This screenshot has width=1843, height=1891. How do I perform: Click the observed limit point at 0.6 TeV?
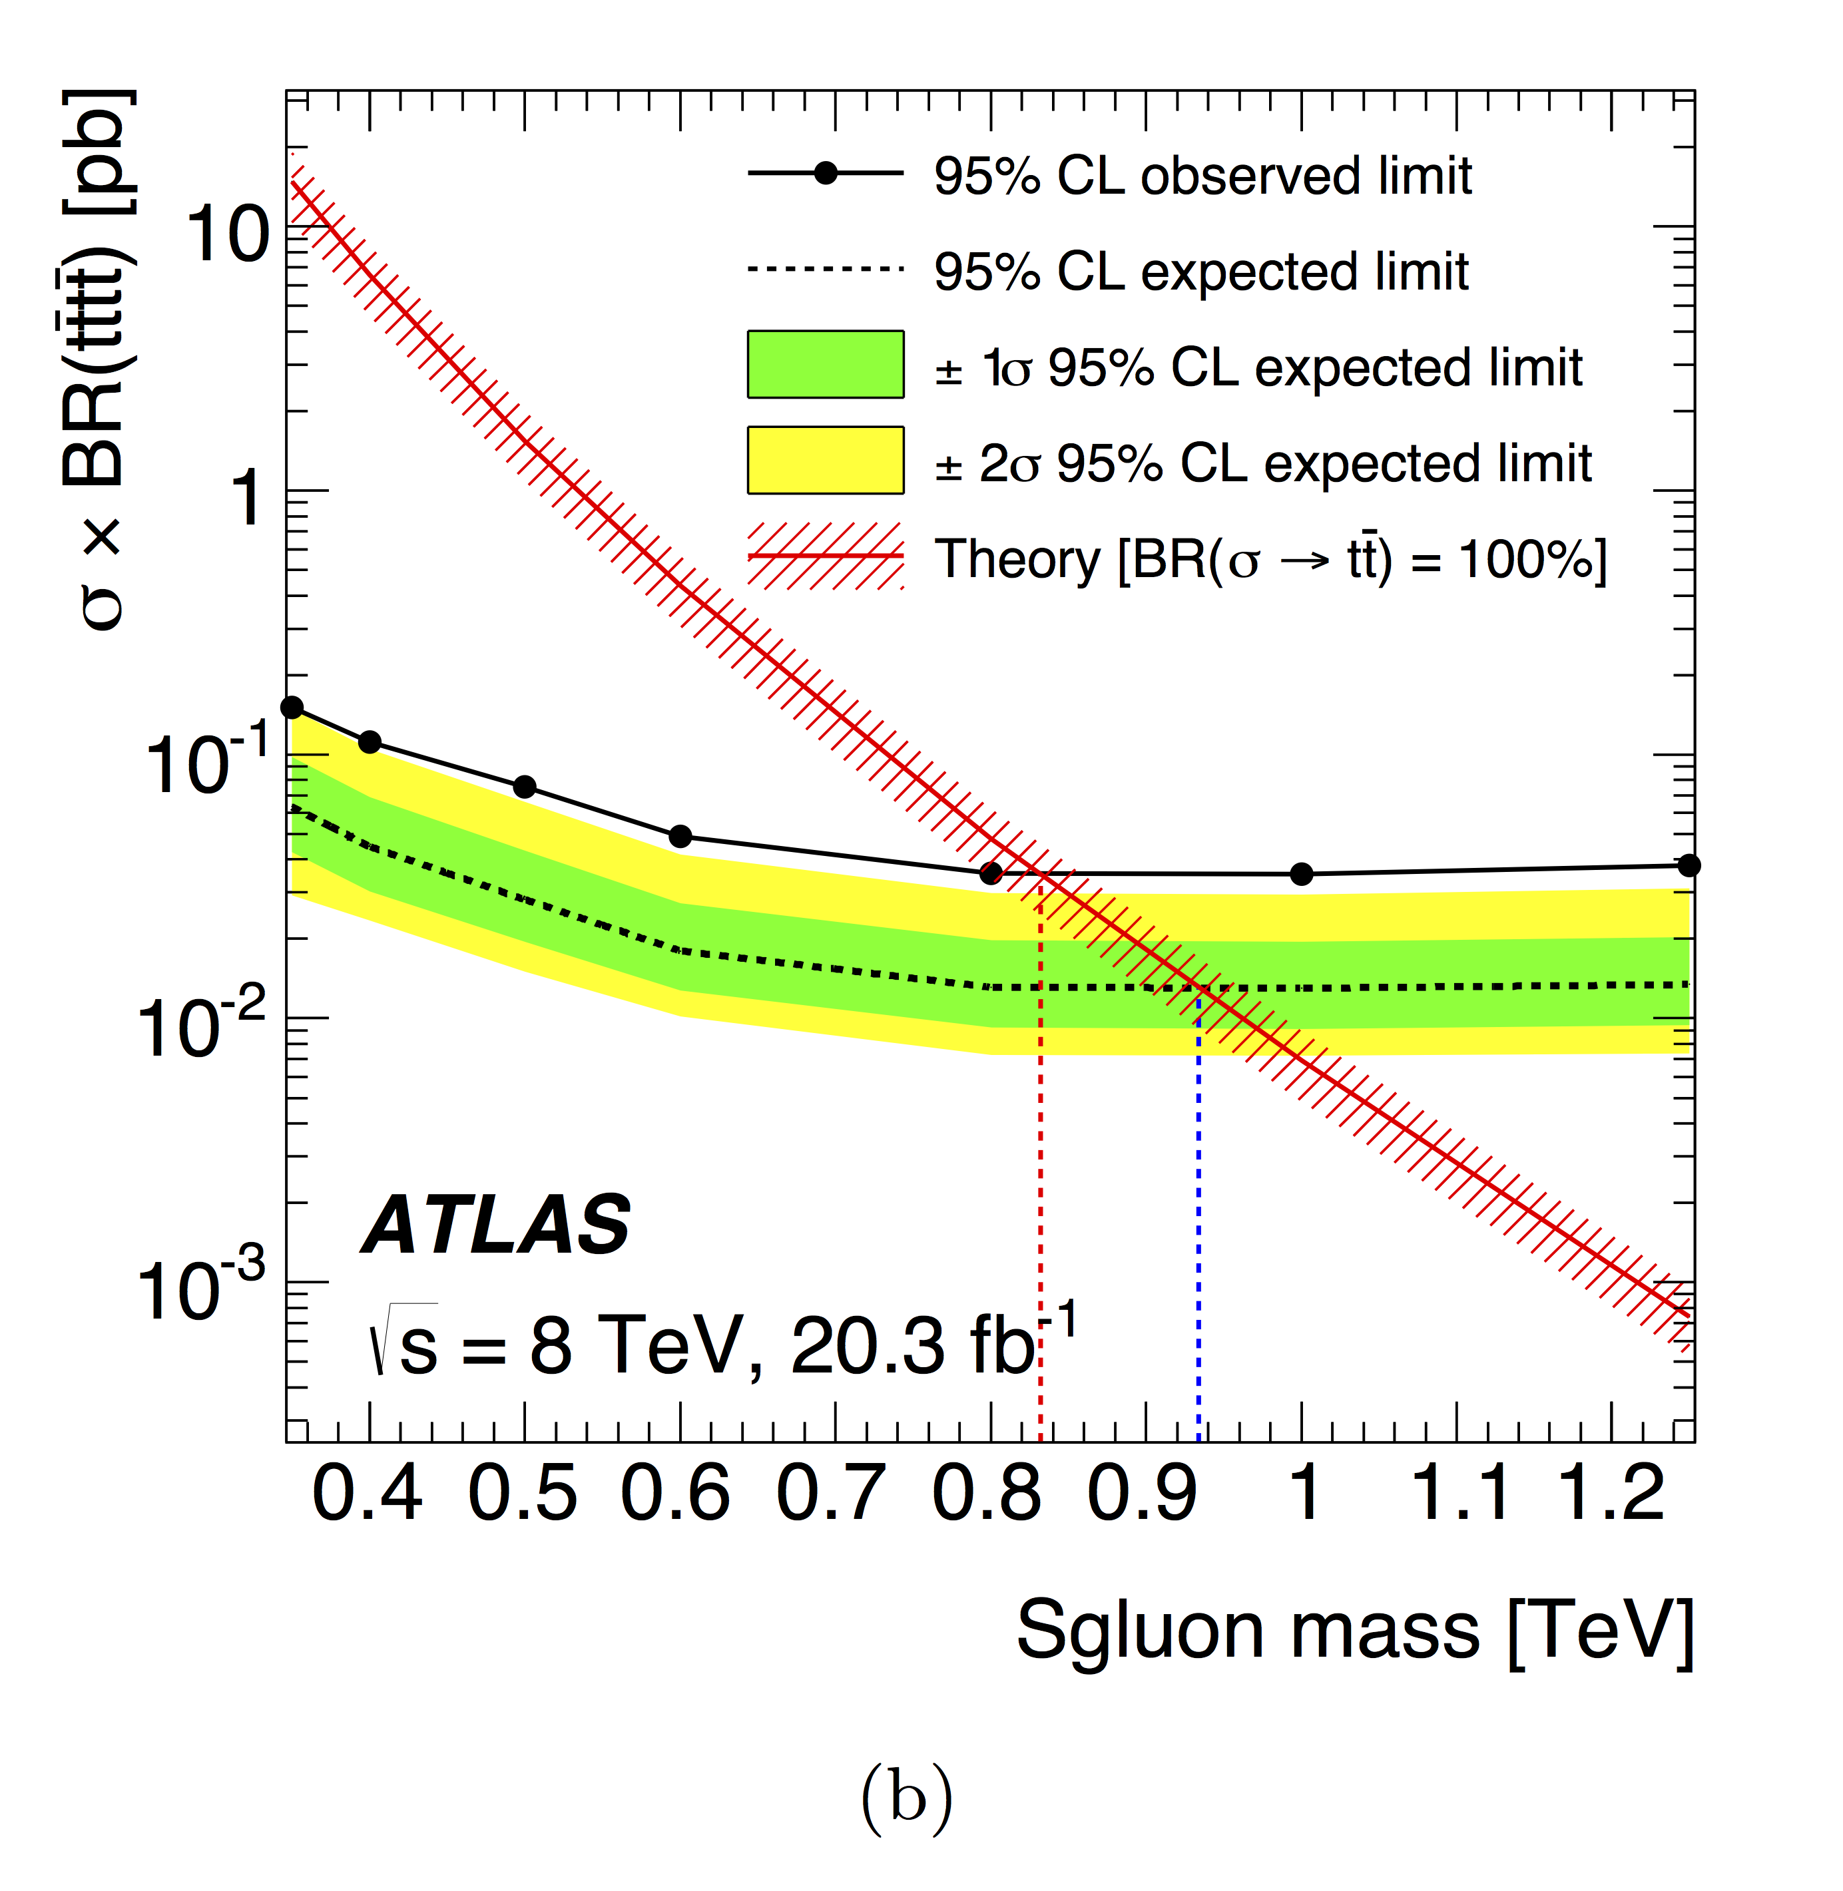click(680, 836)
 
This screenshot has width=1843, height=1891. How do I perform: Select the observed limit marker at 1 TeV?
click(1302, 874)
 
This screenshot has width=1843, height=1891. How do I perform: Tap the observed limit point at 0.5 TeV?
click(525, 787)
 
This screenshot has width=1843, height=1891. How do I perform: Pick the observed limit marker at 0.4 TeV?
click(370, 742)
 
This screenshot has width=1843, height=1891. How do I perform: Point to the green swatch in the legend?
click(826, 365)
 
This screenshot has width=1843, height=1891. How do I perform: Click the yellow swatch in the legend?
click(826, 461)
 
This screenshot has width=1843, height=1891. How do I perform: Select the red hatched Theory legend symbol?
click(826, 556)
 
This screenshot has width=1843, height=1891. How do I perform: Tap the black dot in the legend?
click(826, 174)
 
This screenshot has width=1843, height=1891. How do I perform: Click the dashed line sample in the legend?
click(826, 269)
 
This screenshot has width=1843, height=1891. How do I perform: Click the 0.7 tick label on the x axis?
click(830, 1493)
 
